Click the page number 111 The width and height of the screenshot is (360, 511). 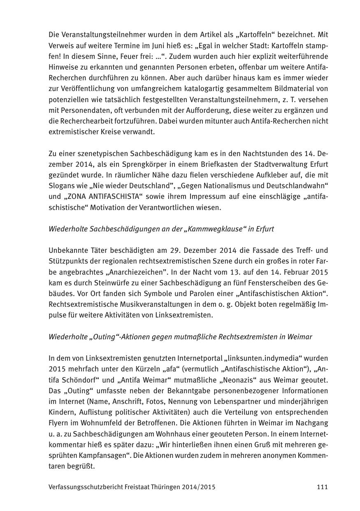coord(322,487)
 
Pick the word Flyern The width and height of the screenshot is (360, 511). coord(59,423)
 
